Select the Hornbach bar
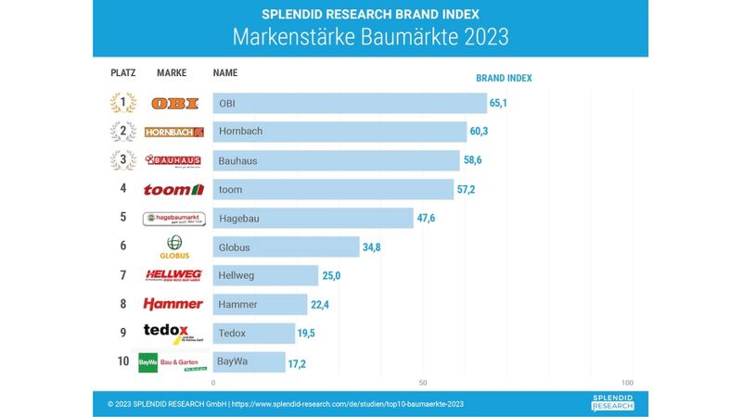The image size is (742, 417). point(339,132)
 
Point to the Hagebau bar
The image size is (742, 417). point(313,219)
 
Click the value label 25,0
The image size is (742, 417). point(332,276)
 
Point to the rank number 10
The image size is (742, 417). point(123,361)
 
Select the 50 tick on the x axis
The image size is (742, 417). point(423,383)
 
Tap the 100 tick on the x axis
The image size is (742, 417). point(627,383)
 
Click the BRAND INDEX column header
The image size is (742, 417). point(504,79)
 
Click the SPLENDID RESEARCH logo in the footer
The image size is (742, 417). point(613,403)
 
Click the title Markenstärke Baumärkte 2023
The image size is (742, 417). point(370,37)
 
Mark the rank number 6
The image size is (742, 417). point(123,247)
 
